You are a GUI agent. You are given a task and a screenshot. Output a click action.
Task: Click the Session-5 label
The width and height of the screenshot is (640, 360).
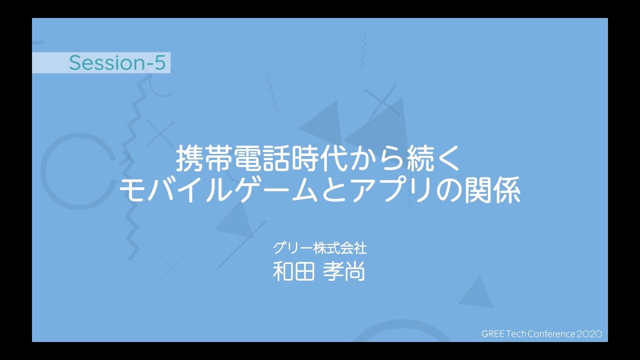click(117, 62)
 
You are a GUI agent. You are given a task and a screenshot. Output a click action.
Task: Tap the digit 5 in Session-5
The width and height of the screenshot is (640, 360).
click(160, 62)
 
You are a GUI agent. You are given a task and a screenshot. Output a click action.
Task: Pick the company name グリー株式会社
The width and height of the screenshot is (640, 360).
click(319, 248)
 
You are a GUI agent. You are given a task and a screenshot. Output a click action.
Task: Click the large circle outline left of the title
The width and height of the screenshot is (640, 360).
click(42, 171)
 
